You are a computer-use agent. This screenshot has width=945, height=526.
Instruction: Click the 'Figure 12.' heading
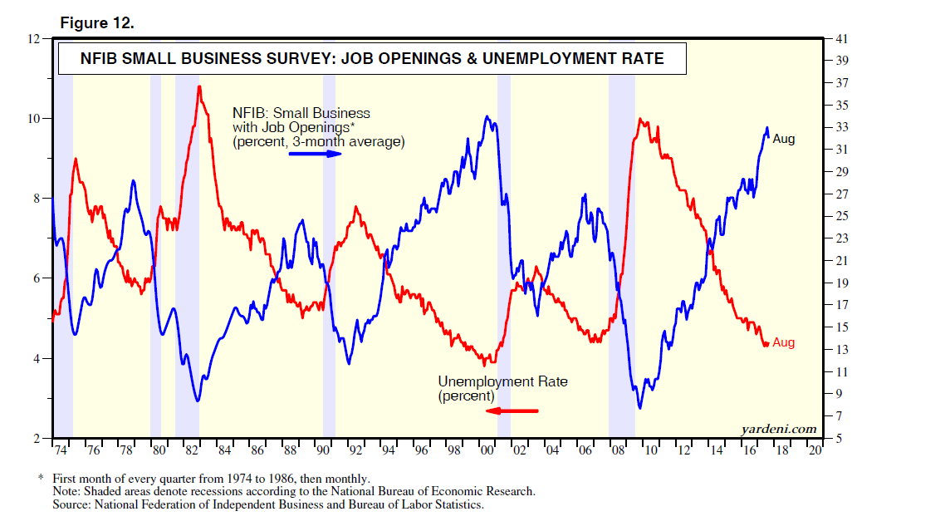coord(96,23)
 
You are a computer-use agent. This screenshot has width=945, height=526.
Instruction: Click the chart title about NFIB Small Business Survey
coord(371,58)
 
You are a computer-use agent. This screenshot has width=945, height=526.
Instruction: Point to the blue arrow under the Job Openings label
coord(315,155)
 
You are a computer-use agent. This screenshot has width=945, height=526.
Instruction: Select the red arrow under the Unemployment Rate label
coord(512,410)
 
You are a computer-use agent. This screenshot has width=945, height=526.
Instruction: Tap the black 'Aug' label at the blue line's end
coord(783,140)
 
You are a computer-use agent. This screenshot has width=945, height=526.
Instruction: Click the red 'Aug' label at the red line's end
coord(783,342)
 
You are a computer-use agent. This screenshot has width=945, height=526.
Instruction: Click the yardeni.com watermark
coord(777,429)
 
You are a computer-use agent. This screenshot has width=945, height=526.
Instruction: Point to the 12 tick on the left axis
coord(34,39)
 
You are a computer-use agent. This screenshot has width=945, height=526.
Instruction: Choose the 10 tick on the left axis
coord(34,119)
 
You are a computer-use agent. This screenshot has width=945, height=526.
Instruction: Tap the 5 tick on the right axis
coord(839,438)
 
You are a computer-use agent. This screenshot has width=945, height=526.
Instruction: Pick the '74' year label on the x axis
coord(60,450)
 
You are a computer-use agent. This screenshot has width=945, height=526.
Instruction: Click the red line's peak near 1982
coord(199,86)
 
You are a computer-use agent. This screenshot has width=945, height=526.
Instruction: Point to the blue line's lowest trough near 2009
coord(639,407)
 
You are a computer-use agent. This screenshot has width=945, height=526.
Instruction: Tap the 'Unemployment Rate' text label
coord(502,381)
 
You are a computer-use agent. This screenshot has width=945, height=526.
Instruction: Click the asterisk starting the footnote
coord(41,479)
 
